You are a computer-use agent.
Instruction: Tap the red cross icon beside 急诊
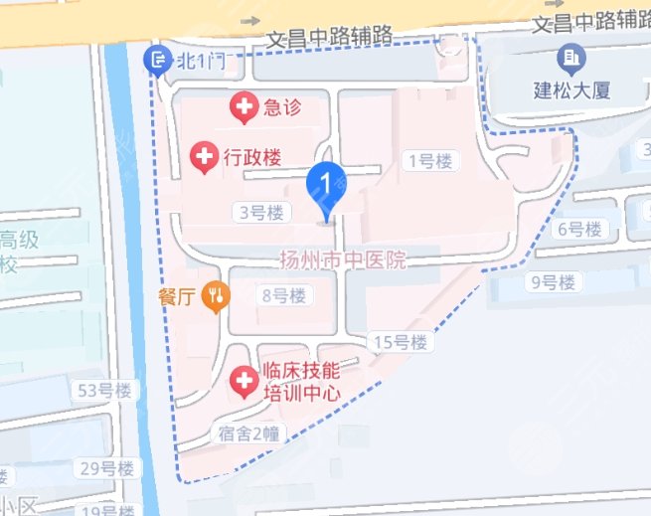pyautogui.click(x=244, y=106)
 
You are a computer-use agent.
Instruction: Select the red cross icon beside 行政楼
pyautogui.click(x=204, y=156)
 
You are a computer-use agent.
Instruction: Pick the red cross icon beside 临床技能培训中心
pyautogui.click(x=243, y=379)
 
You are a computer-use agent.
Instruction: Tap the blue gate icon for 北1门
pyautogui.click(x=157, y=61)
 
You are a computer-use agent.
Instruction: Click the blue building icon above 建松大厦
pyautogui.click(x=570, y=59)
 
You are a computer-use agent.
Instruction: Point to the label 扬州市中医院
pyautogui.click(x=344, y=260)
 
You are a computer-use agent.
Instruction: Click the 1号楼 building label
pyautogui.click(x=430, y=160)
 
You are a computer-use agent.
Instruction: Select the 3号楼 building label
pyautogui.click(x=261, y=212)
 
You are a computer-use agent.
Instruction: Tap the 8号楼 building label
pyautogui.click(x=283, y=295)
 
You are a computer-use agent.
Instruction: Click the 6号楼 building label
pyautogui.click(x=579, y=230)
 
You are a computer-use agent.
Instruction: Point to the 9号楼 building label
pyautogui.click(x=553, y=282)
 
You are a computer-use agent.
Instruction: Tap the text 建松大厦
pyautogui.click(x=571, y=89)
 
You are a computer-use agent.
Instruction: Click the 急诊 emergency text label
pyautogui.click(x=283, y=106)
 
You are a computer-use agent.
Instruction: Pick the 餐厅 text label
pyautogui.click(x=179, y=295)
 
